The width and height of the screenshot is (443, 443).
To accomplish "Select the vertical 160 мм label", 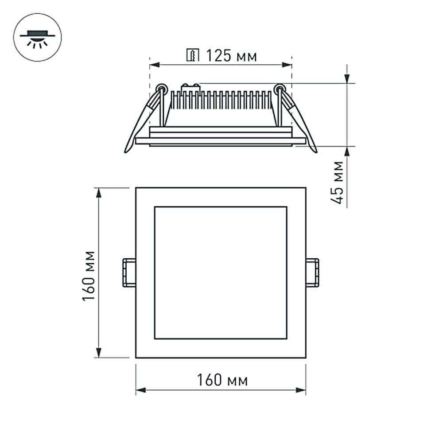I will click(x=89, y=276).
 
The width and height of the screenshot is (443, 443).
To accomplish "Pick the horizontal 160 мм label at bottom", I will click(x=222, y=380).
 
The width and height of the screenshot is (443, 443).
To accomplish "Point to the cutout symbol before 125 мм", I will click(x=193, y=56).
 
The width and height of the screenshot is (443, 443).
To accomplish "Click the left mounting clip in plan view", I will click(x=129, y=272).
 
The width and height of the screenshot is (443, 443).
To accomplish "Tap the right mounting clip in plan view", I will click(x=312, y=272).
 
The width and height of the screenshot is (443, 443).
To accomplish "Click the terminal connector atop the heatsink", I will click(x=191, y=88).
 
